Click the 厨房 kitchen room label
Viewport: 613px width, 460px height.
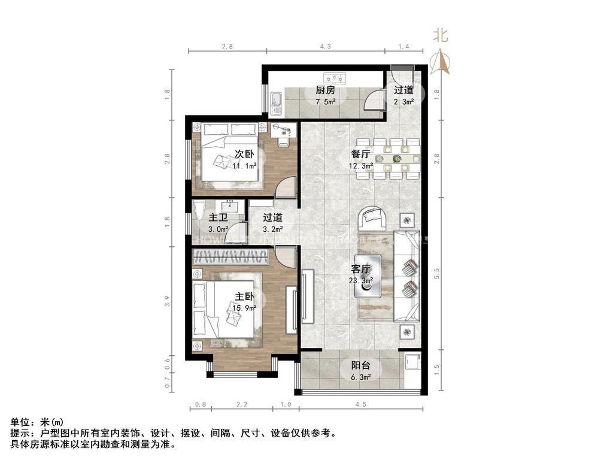click(325, 91)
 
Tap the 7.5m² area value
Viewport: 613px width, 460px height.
click(325, 101)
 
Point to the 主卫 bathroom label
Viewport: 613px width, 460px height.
click(217, 218)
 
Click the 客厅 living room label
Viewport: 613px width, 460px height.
click(362, 268)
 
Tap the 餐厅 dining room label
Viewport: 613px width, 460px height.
click(362, 154)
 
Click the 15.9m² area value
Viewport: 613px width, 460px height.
click(245, 308)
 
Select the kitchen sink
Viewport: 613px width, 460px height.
click(276, 102)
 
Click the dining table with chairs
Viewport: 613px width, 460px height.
click(396, 159)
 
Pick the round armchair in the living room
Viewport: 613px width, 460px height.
click(372, 219)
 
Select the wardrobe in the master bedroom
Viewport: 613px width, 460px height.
click(230, 258)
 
